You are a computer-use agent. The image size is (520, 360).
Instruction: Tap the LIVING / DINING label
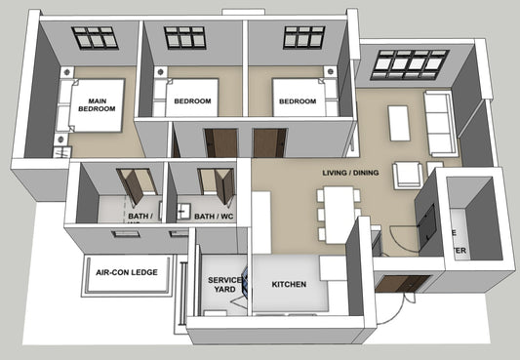tap(350, 173)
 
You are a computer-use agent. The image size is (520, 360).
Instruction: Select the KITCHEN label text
tap(289, 285)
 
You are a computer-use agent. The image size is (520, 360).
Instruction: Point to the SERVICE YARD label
tap(223, 285)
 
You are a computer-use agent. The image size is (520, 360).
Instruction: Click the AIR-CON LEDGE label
tap(127, 274)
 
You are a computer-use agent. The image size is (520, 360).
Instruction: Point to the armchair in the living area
tap(409, 177)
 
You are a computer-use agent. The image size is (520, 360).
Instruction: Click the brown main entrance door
tap(401, 285)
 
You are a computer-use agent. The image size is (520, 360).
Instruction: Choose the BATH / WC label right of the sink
tap(214, 217)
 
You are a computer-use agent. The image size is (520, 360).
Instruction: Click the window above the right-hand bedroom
tap(303, 37)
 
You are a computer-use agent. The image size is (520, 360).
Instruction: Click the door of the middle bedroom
tap(221, 142)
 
